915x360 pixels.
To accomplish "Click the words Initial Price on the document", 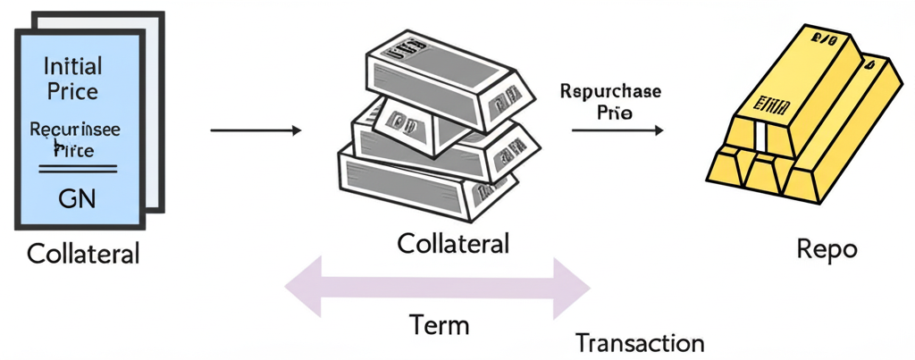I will click(73, 78).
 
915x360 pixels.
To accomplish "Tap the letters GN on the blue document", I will click(75, 197).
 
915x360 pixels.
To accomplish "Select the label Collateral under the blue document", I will click(83, 254).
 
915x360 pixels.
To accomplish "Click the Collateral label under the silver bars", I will click(453, 243).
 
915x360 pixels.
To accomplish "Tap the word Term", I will click(439, 324).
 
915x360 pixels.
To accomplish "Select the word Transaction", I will click(640, 343).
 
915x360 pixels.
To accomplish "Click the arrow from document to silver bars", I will click(256, 131).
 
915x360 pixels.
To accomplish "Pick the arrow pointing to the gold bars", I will click(617, 130).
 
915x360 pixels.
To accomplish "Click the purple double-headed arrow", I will click(438, 288).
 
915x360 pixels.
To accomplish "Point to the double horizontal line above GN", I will click(75, 168).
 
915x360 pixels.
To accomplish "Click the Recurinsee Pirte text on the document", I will click(75, 140).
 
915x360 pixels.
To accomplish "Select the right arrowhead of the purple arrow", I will click(573, 288).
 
